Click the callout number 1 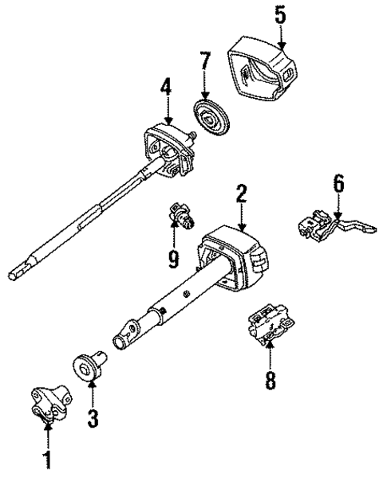pyautogui.click(x=47, y=459)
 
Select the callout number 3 pyautogui.click(x=93, y=417)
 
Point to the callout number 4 pyautogui.click(x=165, y=85)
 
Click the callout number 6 pyautogui.click(x=338, y=184)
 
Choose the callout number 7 pyautogui.click(x=205, y=61)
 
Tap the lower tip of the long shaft pyautogui.click(x=14, y=275)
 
